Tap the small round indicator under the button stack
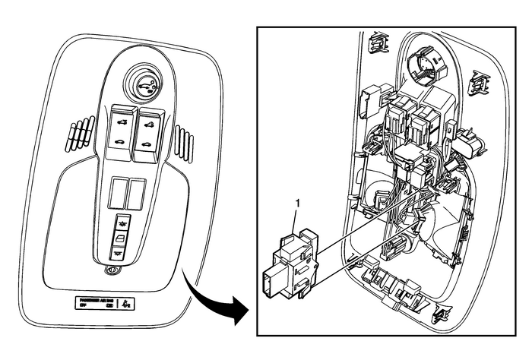pos(112,269)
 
